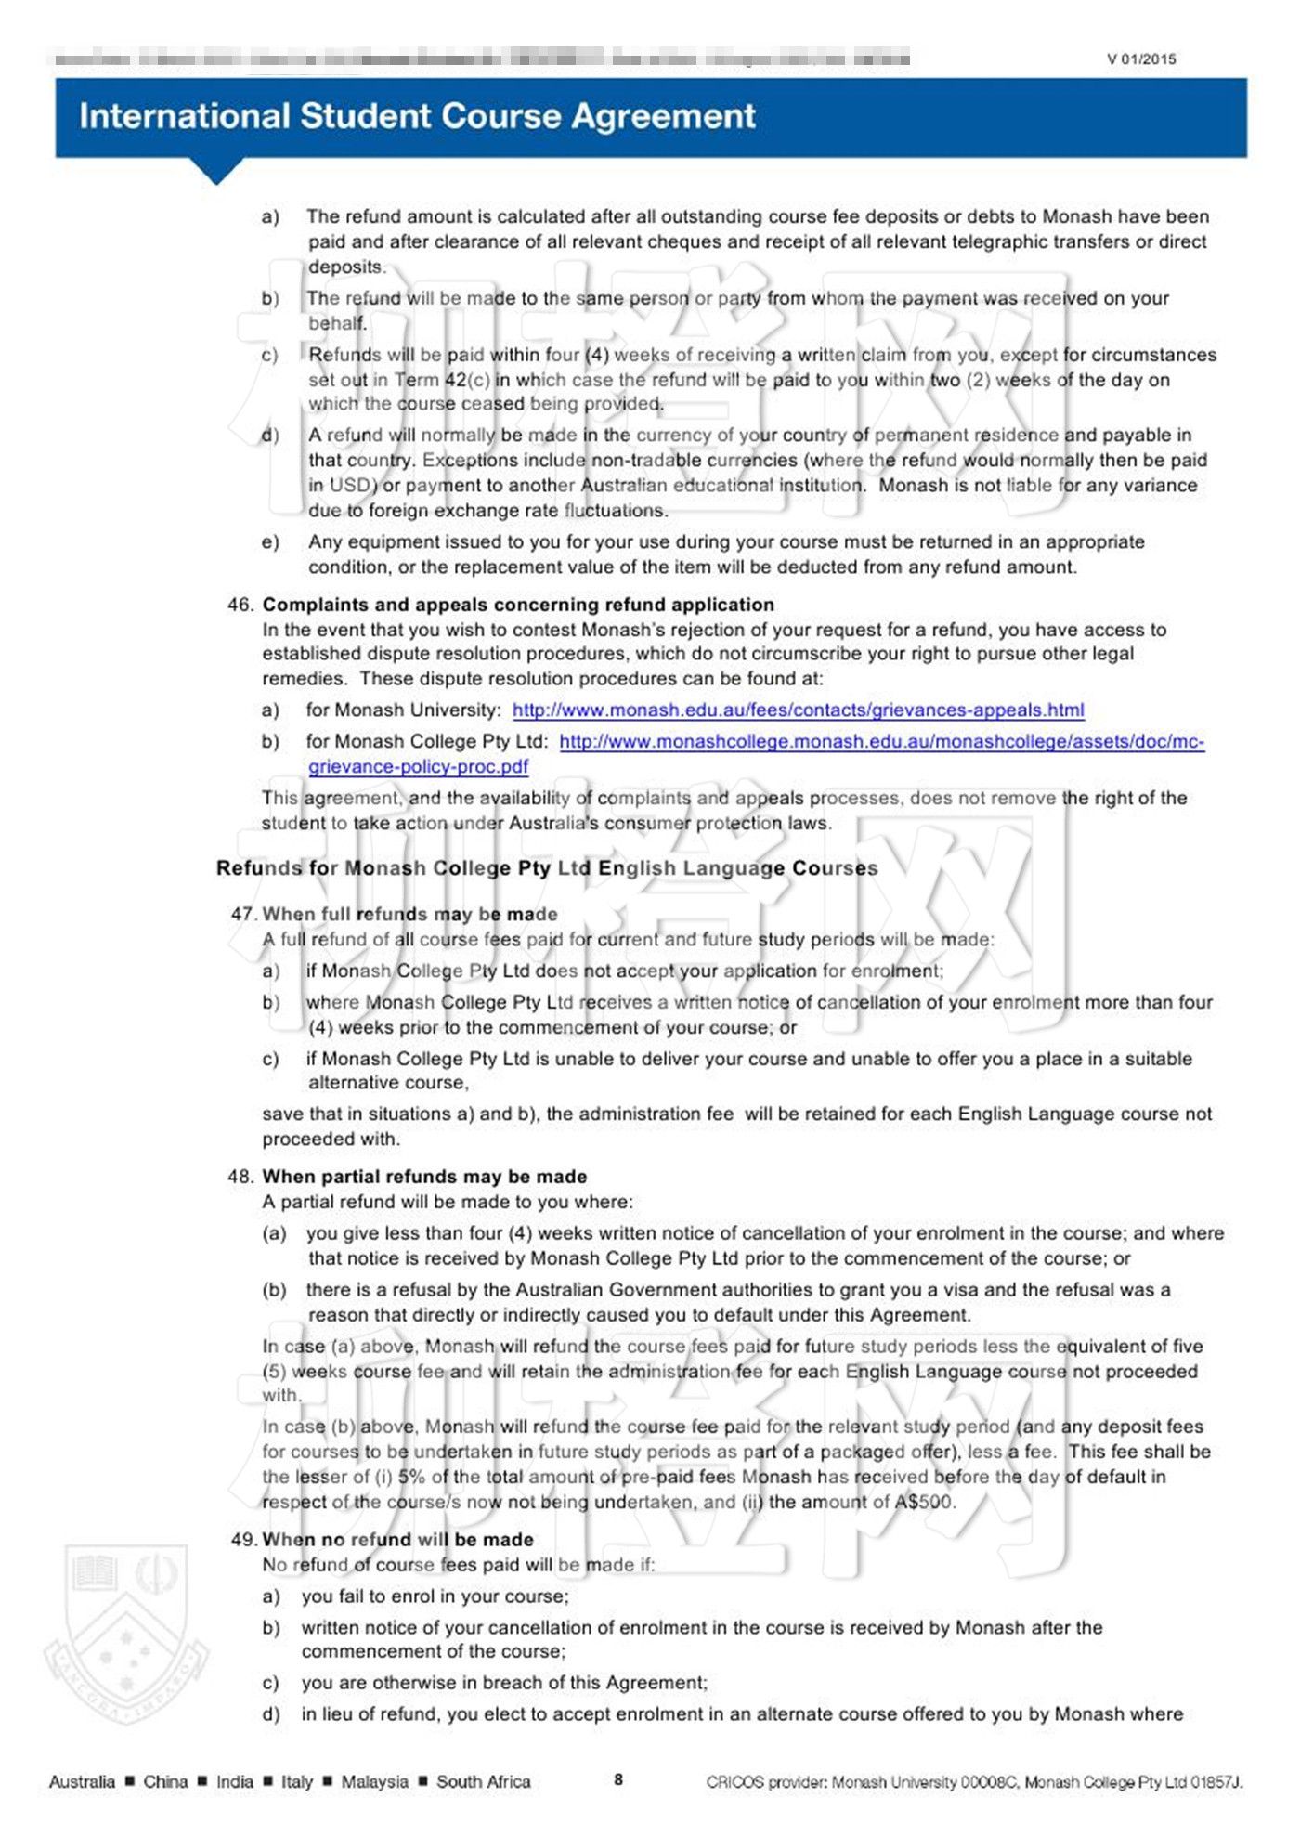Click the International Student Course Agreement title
click(x=417, y=116)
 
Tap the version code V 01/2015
click(x=1141, y=59)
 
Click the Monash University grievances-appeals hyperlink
click(x=798, y=710)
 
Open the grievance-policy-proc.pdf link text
click(x=418, y=767)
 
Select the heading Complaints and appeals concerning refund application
click(x=518, y=605)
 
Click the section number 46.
click(x=240, y=605)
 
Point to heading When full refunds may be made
click(x=409, y=914)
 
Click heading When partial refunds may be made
click(x=424, y=1177)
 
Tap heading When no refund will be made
click(x=397, y=1540)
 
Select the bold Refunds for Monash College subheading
click(x=547, y=868)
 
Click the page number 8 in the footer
click(x=618, y=1779)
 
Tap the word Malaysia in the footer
click(x=374, y=1781)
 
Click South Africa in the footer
click(x=483, y=1781)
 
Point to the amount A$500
click(x=923, y=1502)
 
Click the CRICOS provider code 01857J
click(x=1215, y=1781)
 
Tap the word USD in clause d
click(x=350, y=485)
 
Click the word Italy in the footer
click(x=297, y=1781)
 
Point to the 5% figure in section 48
click(x=411, y=1477)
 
